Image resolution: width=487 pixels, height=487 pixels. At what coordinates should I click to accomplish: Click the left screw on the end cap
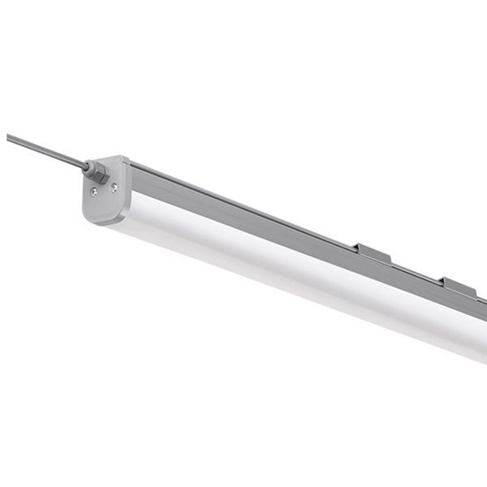click(x=94, y=192)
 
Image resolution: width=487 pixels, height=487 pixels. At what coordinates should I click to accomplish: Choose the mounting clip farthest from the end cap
click(x=459, y=287)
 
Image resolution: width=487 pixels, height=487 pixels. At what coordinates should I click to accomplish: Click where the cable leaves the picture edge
click(x=8, y=136)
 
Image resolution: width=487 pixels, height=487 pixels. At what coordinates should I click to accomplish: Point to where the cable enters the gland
click(x=87, y=166)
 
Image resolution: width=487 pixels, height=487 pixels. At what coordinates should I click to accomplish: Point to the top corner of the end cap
click(x=123, y=158)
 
